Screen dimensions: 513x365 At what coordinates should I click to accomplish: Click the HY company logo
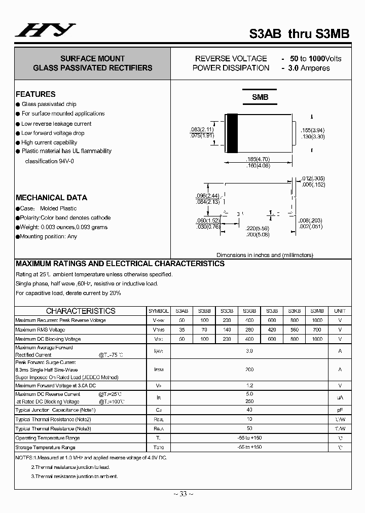(x=45, y=31)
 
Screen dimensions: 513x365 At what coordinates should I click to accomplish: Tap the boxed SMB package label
(x=260, y=97)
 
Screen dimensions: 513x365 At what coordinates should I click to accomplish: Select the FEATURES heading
(x=35, y=94)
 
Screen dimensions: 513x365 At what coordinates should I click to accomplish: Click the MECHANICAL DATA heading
(x=51, y=198)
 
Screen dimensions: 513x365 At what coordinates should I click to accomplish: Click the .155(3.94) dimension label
(x=312, y=130)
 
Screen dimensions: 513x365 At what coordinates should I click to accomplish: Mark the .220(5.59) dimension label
(x=258, y=229)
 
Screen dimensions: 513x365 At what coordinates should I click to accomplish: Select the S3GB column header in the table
(x=249, y=311)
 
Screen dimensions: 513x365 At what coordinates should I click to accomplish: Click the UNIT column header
(x=340, y=311)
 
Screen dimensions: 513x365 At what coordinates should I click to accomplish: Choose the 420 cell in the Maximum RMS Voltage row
(x=272, y=329)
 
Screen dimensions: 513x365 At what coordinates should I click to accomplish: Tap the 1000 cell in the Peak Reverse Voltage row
(x=317, y=320)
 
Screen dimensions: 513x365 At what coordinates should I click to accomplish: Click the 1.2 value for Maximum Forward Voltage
(x=249, y=386)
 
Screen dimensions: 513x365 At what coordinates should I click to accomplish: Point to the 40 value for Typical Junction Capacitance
(x=249, y=410)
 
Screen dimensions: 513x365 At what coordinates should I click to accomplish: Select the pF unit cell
(x=340, y=410)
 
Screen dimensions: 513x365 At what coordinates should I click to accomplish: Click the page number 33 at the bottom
(x=183, y=494)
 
